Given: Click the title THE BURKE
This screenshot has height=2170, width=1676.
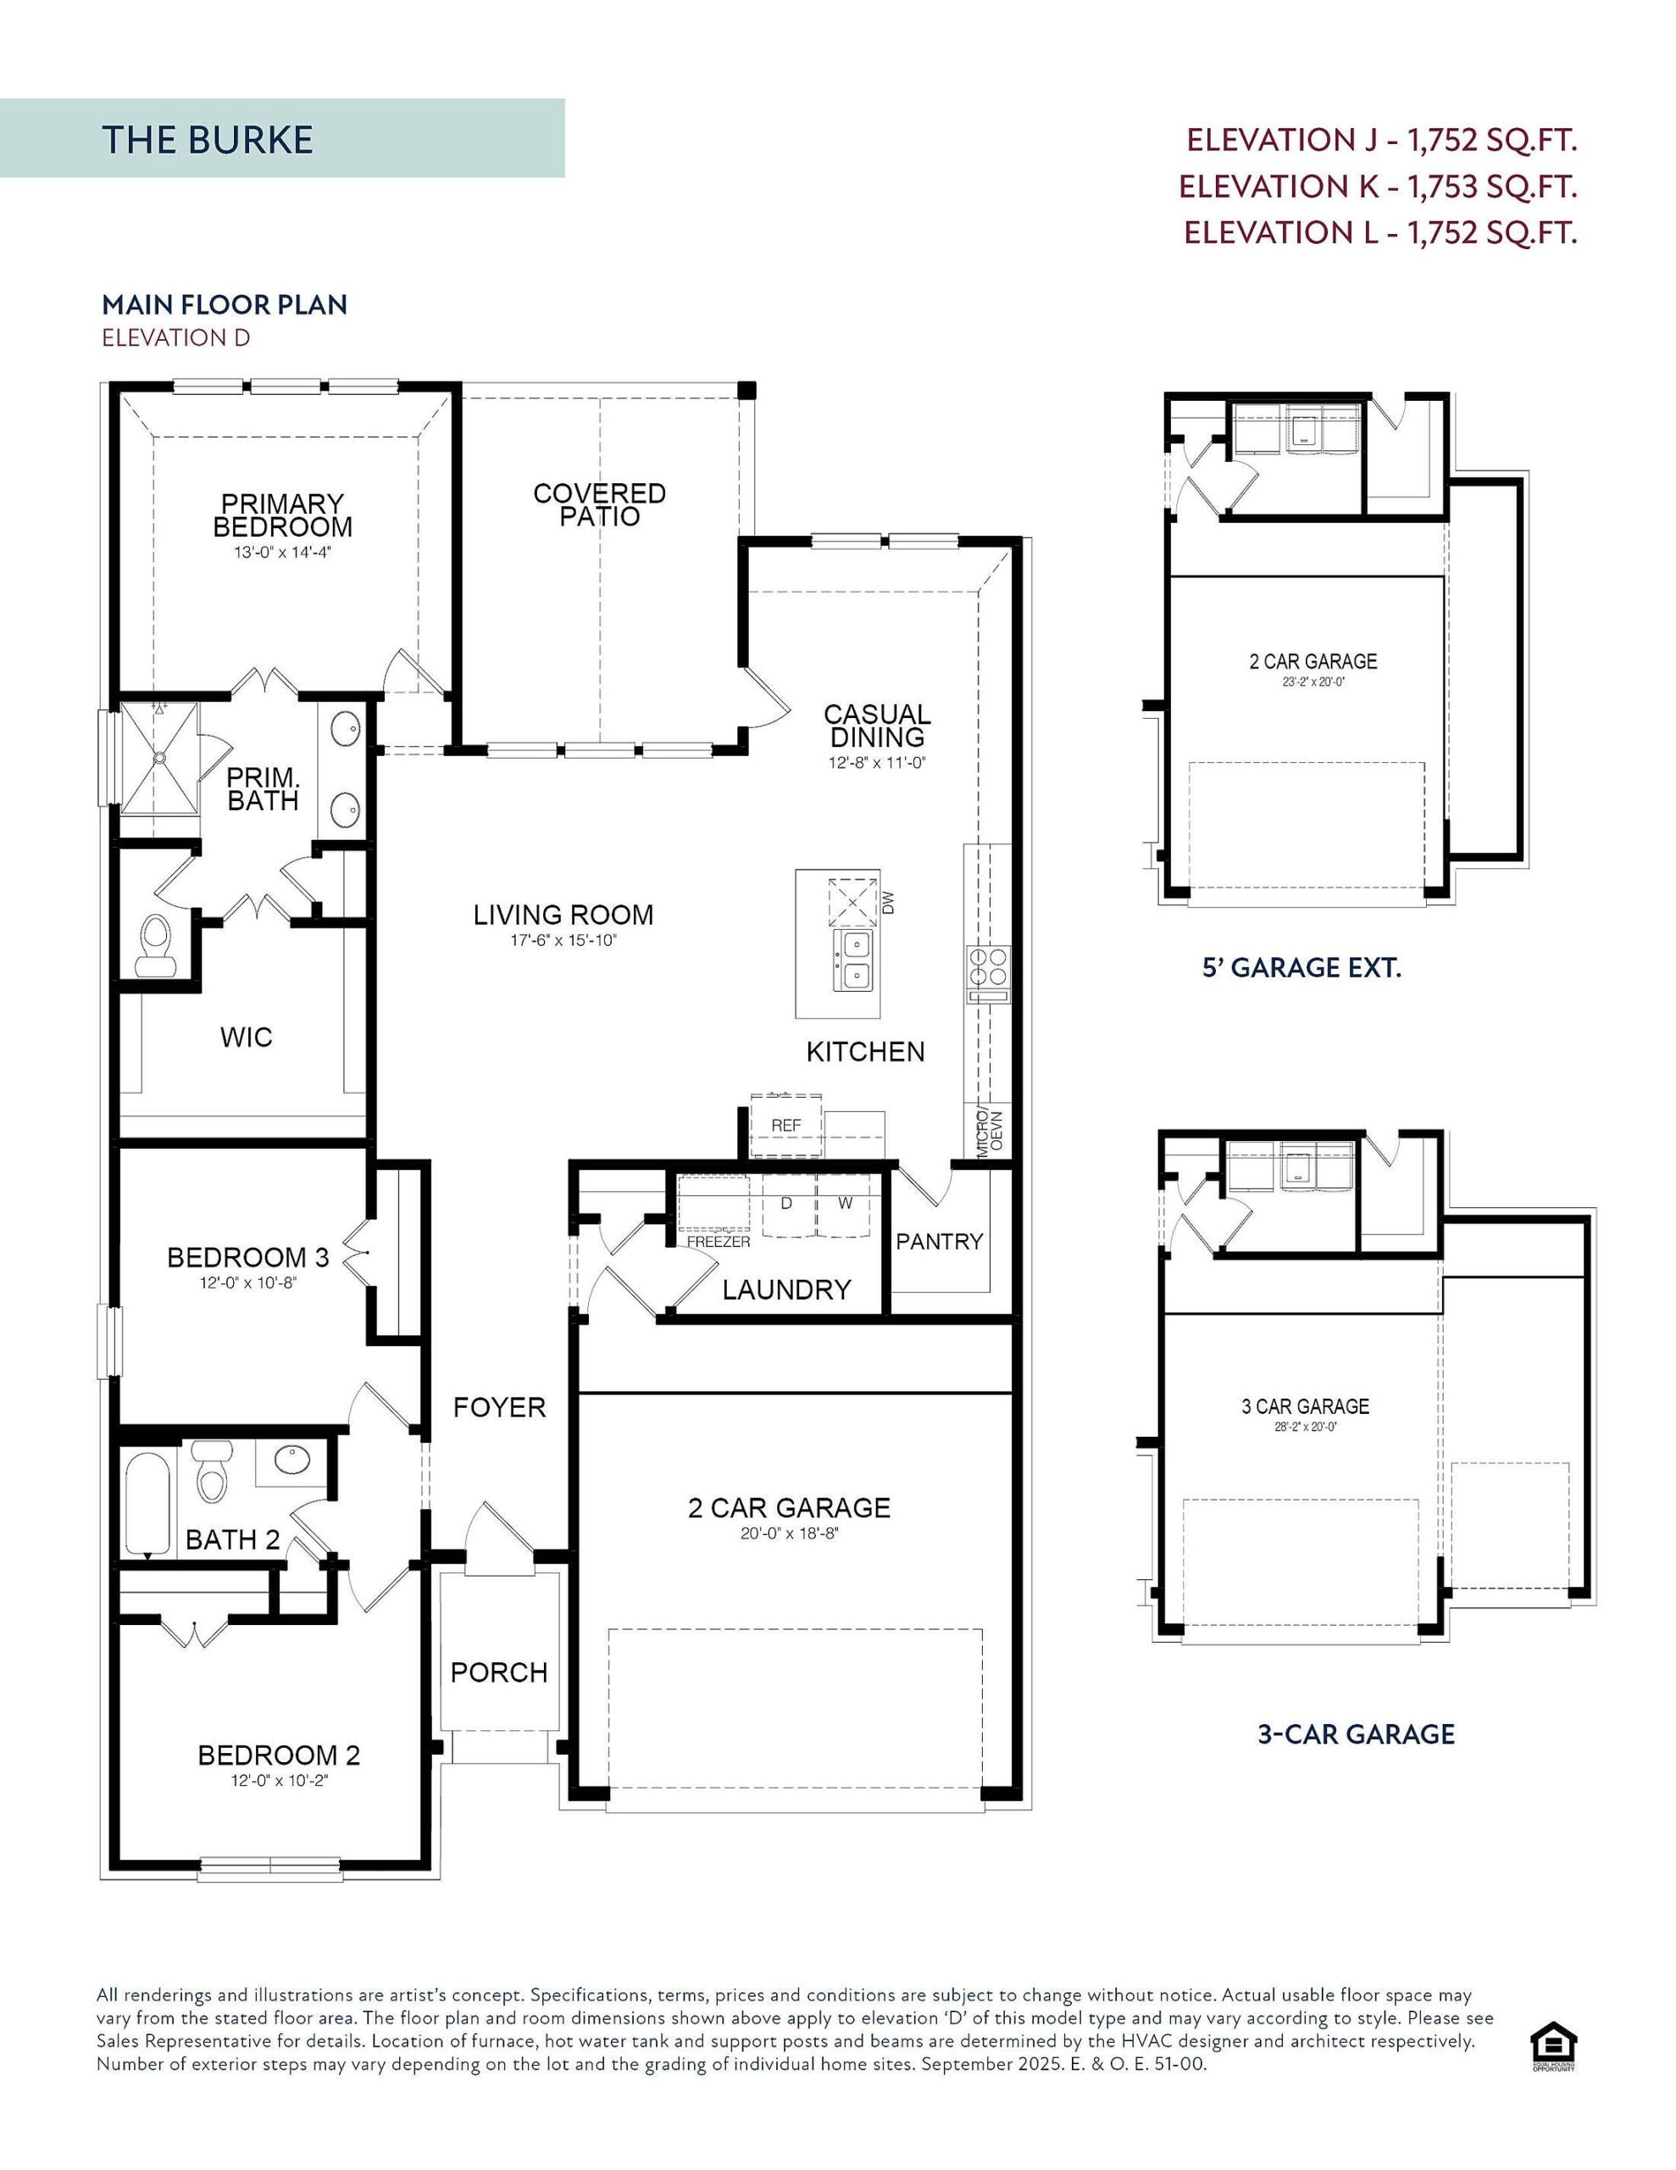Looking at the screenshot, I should (207, 139).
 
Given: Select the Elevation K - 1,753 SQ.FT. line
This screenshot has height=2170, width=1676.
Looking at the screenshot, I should (1377, 186).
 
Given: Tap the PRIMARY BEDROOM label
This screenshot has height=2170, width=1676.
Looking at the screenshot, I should (282, 515).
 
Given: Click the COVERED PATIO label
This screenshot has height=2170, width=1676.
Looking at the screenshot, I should (599, 504).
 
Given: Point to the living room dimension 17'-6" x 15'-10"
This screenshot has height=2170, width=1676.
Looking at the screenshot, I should (563, 940).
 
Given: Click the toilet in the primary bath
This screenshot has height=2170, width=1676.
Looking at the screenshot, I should (154, 944).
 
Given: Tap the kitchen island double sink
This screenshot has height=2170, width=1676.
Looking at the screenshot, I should (853, 960).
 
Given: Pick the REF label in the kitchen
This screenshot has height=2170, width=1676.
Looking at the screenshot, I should (785, 1126).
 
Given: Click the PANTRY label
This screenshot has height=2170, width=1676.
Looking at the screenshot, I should (939, 1241).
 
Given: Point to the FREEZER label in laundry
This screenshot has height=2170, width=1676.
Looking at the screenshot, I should (719, 1242).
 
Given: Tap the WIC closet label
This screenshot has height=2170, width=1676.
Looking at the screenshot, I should (246, 1038).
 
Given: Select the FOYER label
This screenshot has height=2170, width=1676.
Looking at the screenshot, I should (499, 1407).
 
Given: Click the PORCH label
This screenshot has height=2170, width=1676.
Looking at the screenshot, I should (499, 1672).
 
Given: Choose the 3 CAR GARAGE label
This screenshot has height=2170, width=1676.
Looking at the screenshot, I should (1304, 1406).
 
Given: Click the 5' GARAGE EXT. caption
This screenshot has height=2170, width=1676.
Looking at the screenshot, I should (1301, 968).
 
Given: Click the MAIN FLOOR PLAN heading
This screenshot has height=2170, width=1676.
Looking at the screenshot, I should (225, 304).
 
